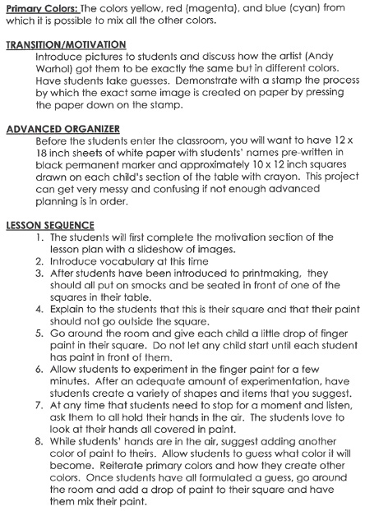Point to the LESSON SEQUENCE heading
(51, 225)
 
